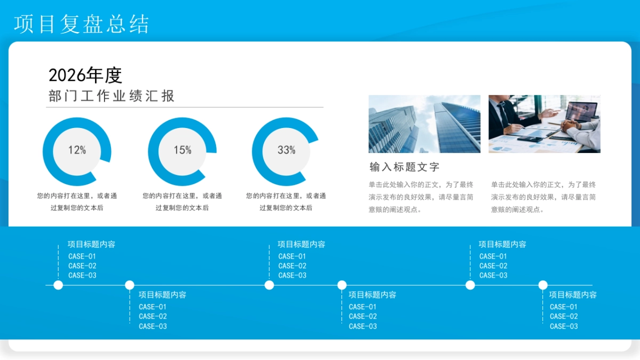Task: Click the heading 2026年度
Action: [x=85, y=75]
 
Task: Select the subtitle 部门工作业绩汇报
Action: [x=111, y=96]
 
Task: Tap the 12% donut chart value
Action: [x=77, y=150]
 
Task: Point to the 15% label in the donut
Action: [x=182, y=150]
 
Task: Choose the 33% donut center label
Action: [x=286, y=150]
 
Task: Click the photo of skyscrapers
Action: [x=424, y=124]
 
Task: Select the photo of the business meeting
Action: [x=544, y=124]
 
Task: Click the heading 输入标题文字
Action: [x=404, y=167]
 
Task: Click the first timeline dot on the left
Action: [x=58, y=285]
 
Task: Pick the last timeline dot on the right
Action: [x=543, y=285]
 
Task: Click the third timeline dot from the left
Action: [x=269, y=285]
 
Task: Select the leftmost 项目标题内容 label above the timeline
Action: [x=91, y=244]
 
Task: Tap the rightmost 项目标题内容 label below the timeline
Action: [x=573, y=295]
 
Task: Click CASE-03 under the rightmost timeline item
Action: [x=564, y=326]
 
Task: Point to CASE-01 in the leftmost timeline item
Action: [x=82, y=257]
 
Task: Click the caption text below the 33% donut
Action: [x=286, y=202]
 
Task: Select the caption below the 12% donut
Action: [x=77, y=202]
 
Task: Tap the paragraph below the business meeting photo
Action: [x=543, y=197]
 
